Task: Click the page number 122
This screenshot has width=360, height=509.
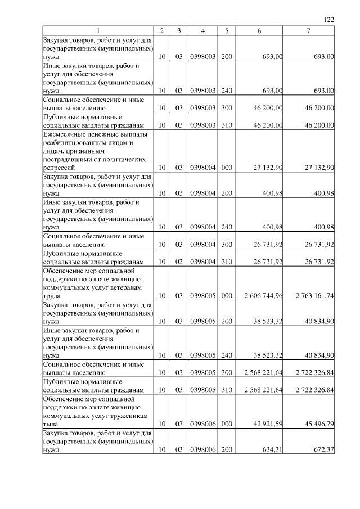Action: [329, 20]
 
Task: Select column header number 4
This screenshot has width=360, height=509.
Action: [202, 31]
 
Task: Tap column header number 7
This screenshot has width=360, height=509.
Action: [309, 31]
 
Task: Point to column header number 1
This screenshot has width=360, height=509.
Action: [98, 31]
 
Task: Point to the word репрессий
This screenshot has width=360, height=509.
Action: [60, 168]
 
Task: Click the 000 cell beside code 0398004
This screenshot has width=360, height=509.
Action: [227, 168]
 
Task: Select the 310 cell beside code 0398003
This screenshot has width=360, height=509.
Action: [227, 125]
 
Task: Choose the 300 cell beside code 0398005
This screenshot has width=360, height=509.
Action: [227, 373]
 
